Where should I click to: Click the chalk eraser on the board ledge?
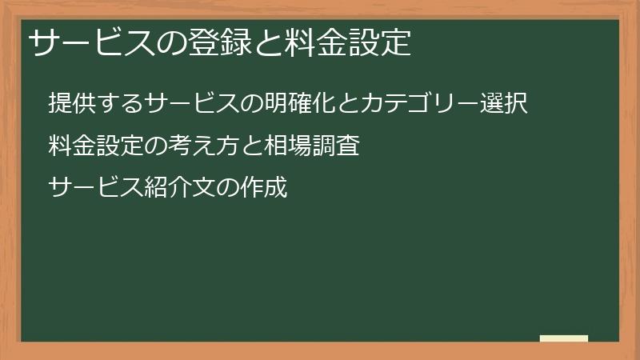(563, 338)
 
